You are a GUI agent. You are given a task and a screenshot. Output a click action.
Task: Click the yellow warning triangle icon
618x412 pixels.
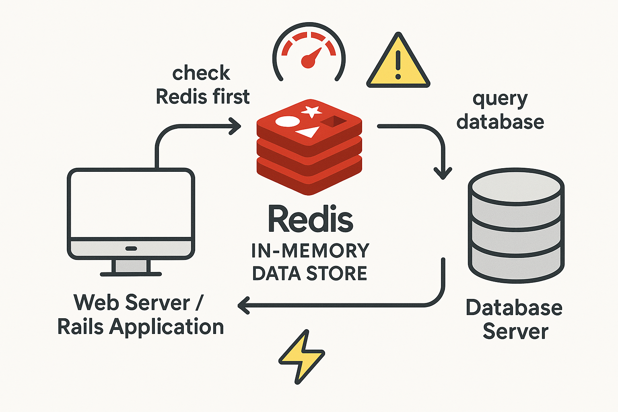[398, 64]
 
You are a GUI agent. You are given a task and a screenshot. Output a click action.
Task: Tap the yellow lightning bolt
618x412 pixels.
[302, 356]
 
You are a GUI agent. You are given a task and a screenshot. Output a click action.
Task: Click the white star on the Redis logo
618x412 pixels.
[311, 111]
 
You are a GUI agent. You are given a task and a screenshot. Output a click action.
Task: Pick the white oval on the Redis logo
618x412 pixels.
[287, 122]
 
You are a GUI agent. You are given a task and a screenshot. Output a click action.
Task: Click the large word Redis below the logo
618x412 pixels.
[310, 219]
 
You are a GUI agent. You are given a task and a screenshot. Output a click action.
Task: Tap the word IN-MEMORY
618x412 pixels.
[310, 251]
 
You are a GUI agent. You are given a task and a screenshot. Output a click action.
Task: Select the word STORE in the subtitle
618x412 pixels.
[337, 274]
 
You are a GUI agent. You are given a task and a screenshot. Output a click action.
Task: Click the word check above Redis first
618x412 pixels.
[201, 73]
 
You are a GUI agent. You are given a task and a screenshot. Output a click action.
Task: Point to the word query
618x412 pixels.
[500, 99]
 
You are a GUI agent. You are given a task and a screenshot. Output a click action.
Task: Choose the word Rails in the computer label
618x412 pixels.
[81, 326]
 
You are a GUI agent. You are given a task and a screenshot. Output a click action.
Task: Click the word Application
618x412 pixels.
[167, 327]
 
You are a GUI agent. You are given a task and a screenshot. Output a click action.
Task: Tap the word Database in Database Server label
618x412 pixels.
[514, 308]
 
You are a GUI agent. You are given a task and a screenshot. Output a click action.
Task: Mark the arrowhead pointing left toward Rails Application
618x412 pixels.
[243, 306]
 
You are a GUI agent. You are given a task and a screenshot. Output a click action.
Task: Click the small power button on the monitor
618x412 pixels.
[131, 248]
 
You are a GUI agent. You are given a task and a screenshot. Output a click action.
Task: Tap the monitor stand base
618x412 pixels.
[131, 274]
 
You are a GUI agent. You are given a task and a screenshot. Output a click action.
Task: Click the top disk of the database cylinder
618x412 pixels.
[516, 187]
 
